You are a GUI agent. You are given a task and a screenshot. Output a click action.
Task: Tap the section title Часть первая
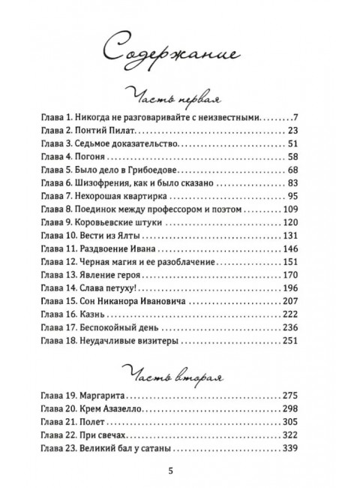coord(179,98)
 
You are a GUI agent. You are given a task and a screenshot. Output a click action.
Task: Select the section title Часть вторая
coord(179,374)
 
